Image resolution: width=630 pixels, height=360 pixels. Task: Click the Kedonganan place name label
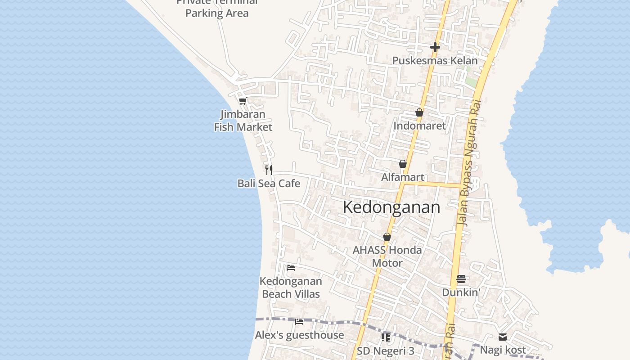tap(391, 207)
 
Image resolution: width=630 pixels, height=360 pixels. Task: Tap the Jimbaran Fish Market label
tap(243, 121)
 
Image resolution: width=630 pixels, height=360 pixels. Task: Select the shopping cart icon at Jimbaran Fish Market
tap(243, 101)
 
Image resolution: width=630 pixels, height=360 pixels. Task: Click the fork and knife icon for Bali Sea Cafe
tap(269, 170)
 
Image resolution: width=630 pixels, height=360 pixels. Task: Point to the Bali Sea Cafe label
tap(269, 183)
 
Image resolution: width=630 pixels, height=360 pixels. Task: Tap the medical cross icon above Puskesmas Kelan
tap(435, 47)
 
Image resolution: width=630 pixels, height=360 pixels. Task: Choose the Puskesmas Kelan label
tap(435, 60)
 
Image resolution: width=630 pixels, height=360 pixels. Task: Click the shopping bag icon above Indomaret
tap(419, 112)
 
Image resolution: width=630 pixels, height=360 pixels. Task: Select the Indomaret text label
tap(419, 126)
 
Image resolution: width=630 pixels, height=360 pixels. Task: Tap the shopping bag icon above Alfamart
tap(403, 164)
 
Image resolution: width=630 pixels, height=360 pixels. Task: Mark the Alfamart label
tap(403, 177)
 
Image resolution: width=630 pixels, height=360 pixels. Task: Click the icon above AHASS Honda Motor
tap(387, 237)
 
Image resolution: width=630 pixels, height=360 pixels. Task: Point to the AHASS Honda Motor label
tap(387, 256)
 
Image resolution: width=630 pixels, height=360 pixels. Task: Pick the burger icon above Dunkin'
tap(461, 279)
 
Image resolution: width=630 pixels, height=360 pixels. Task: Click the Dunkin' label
tap(461, 292)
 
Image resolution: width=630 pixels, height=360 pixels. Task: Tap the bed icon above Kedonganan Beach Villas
tap(291, 268)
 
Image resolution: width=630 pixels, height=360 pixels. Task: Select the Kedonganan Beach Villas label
tap(291, 288)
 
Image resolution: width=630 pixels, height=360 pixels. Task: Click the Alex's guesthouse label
tap(299, 335)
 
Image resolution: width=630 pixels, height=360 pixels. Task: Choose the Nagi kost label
tap(503, 350)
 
